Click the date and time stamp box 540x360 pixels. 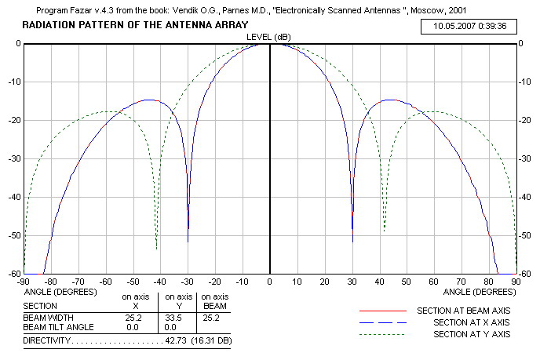(x=475, y=26)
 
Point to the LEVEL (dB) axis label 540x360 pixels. (x=270, y=36)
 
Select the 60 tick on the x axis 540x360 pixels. (x=434, y=281)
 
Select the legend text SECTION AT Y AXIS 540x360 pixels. (x=471, y=335)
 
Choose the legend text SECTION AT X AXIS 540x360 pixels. (x=471, y=323)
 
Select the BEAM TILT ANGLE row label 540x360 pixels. (x=59, y=326)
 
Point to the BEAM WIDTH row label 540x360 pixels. (x=47, y=318)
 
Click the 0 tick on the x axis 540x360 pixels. (x=270, y=281)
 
